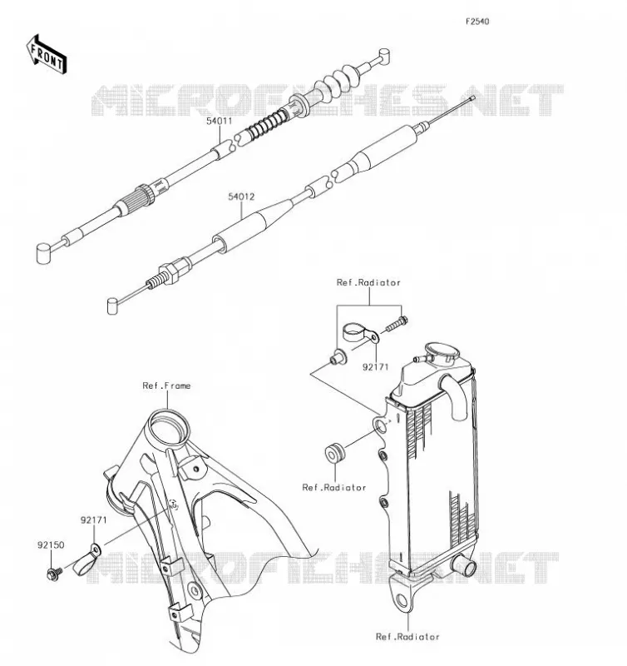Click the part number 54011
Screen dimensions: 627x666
tap(220, 121)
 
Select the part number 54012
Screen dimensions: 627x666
tap(241, 196)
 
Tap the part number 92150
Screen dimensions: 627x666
tap(51, 545)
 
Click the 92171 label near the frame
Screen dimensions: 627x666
tap(94, 520)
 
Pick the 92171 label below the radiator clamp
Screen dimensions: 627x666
tap(375, 367)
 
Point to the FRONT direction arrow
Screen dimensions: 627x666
tap(47, 55)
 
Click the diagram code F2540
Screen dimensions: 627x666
tap(477, 22)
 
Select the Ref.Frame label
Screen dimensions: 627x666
tap(166, 385)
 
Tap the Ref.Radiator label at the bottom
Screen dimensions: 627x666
tap(407, 637)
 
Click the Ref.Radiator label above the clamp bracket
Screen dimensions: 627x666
tap(368, 282)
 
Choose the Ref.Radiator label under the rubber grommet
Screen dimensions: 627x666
tap(333, 487)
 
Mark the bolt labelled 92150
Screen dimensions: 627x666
tap(54, 574)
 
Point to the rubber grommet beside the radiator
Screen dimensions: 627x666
tap(335, 452)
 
